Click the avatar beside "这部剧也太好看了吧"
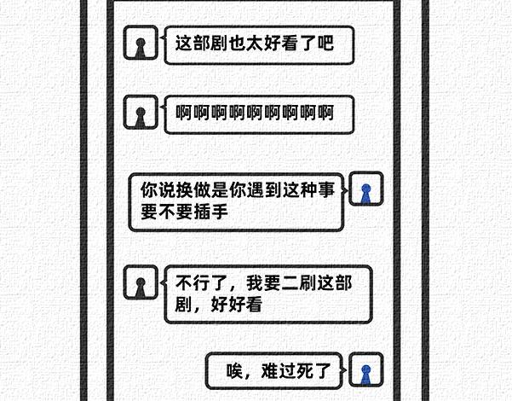click(141, 44)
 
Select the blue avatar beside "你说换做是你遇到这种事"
click(366, 192)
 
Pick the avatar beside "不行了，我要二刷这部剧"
click(141, 282)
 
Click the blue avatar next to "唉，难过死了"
click(366, 371)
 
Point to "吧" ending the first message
click(324, 43)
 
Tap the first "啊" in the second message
click(183, 113)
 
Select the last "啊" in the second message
click(325, 113)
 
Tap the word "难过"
click(277, 370)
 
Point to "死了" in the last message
click(318, 370)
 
